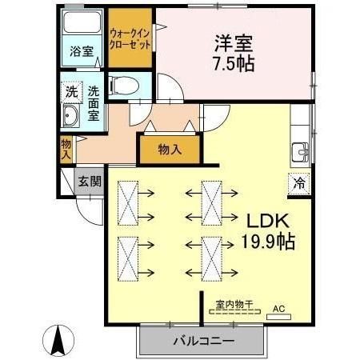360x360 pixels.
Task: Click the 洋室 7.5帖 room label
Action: coord(234,52)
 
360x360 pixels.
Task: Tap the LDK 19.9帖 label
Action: coord(261,230)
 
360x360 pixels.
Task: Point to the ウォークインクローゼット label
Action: coord(130,40)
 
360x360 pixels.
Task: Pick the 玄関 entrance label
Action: coord(90,182)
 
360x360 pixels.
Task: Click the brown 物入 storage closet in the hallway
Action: coord(169,149)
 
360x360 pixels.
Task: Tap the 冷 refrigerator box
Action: coord(298,182)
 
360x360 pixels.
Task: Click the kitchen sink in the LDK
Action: coord(301,150)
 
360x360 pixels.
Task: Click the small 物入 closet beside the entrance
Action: coord(66,148)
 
